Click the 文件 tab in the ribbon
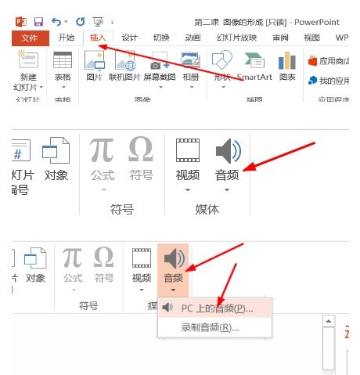(30, 37)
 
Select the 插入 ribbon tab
(98, 37)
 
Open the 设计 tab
(130, 37)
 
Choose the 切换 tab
(161, 37)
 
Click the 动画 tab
(193, 37)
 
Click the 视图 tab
(311, 37)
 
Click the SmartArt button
(254, 67)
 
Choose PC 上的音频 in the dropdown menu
(216, 308)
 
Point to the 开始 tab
(67, 37)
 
